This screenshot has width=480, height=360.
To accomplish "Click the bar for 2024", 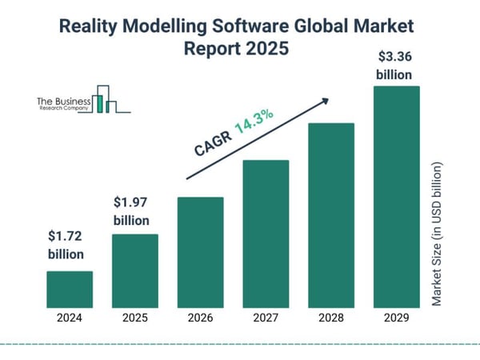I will coord(70,289).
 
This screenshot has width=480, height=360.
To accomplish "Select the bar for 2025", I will coord(134,270).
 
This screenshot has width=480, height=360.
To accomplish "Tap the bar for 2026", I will coord(200,252).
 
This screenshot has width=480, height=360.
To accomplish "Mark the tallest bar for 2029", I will coord(396,196).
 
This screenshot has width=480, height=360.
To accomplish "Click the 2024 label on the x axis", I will coord(70,318).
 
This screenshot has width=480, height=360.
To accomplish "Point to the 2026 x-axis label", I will coord(200,318).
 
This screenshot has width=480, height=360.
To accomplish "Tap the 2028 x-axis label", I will coord(330,318).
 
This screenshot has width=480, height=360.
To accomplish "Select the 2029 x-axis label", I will coord(396,318).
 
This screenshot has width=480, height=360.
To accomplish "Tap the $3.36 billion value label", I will coord(396,66).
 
